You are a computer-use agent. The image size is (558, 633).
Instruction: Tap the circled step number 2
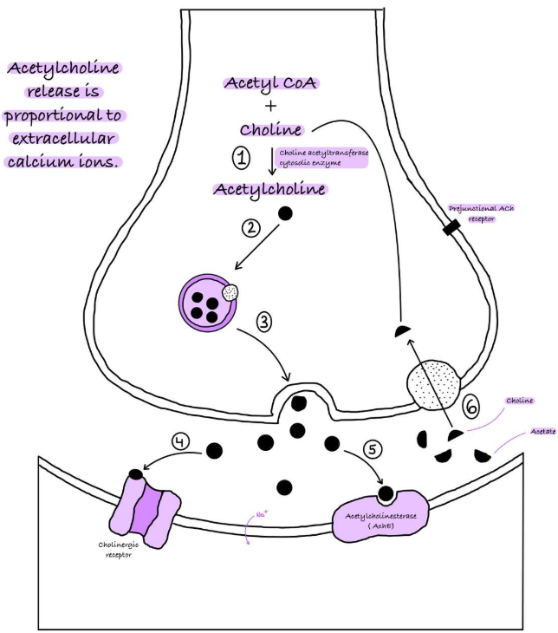(x=250, y=228)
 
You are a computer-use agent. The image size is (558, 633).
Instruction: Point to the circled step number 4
(x=180, y=440)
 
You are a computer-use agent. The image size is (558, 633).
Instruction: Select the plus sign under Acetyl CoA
(x=272, y=107)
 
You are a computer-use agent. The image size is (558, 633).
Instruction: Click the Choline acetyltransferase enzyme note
(x=323, y=158)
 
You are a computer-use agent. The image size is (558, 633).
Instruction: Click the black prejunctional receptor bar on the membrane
(x=449, y=228)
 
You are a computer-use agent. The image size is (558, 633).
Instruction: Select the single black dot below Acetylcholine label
(x=284, y=212)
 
